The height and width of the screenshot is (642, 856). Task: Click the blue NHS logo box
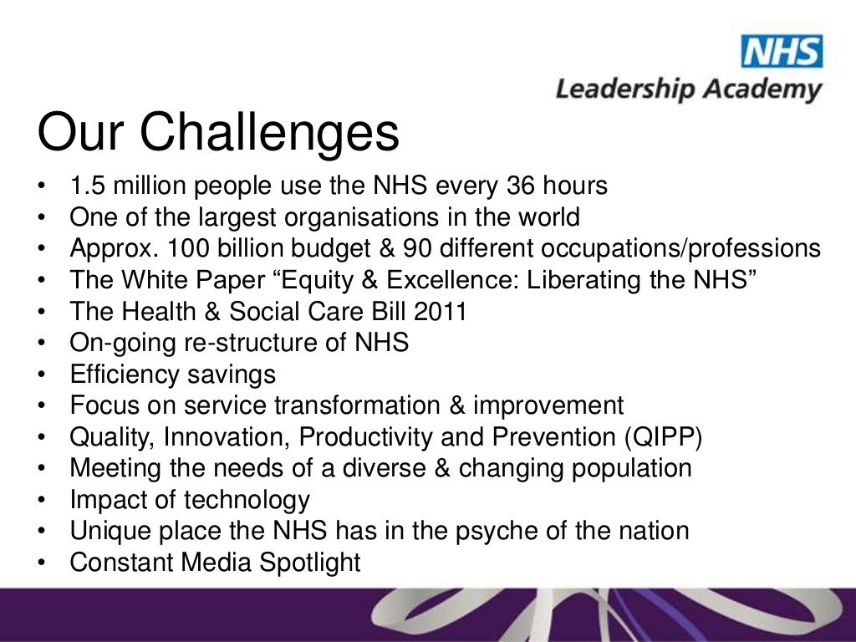pyautogui.click(x=781, y=52)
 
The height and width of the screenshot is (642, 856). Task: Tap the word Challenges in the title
pyautogui.click(x=269, y=131)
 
